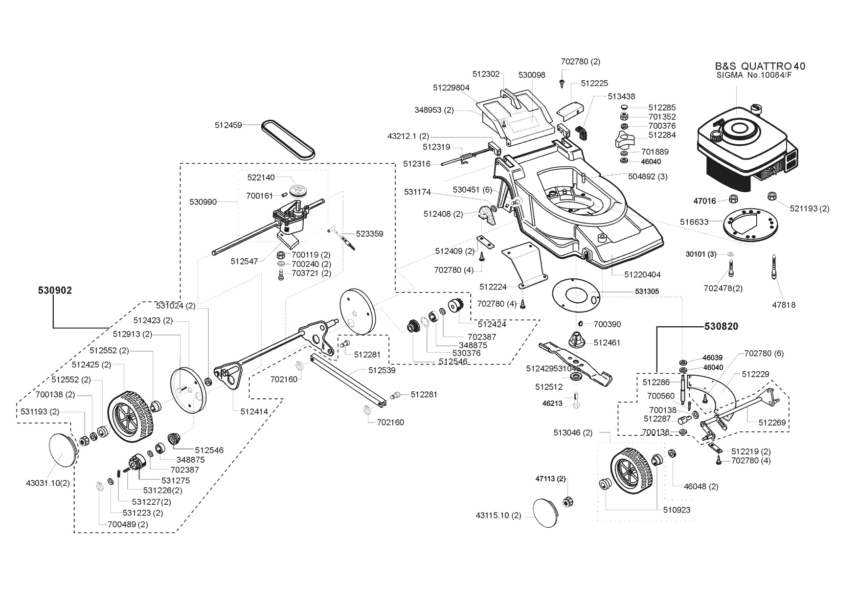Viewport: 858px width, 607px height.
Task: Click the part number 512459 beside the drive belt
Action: click(228, 125)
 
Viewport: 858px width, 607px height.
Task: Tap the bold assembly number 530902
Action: click(55, 291)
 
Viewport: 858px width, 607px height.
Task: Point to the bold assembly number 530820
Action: click(721, 326)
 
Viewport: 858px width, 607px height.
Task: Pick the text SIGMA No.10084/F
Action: click(753, 75)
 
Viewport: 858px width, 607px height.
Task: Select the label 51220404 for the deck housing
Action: click(642, 275)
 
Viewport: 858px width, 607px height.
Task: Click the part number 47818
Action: click(784, 305)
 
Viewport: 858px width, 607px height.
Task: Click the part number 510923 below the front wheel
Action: click(677, 510)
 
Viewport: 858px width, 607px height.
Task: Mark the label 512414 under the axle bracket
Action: click(254, 412)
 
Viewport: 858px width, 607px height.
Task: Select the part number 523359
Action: click(369, 234)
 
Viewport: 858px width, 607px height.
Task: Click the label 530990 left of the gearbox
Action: click(203, 202)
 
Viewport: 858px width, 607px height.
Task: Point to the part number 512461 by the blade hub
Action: click(607, 342)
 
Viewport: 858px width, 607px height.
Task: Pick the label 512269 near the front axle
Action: click(772, 422)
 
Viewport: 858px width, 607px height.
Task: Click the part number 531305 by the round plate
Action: click(647, 292)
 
